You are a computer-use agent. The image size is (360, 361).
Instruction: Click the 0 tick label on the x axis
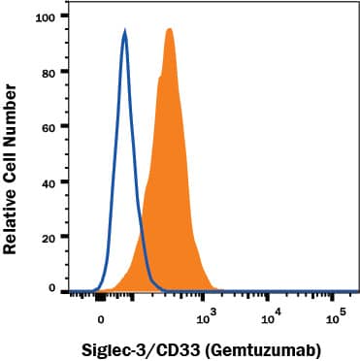101,316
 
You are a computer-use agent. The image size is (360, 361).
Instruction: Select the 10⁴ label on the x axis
272,314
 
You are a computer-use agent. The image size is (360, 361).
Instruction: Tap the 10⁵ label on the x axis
336,314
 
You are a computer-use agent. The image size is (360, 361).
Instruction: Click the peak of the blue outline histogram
125,31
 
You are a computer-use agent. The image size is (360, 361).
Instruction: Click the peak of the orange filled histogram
169,29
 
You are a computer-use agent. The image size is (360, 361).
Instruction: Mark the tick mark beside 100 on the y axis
64,17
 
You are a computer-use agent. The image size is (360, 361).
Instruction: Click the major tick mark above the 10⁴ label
271,295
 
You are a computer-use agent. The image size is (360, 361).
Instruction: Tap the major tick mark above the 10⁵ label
335,295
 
